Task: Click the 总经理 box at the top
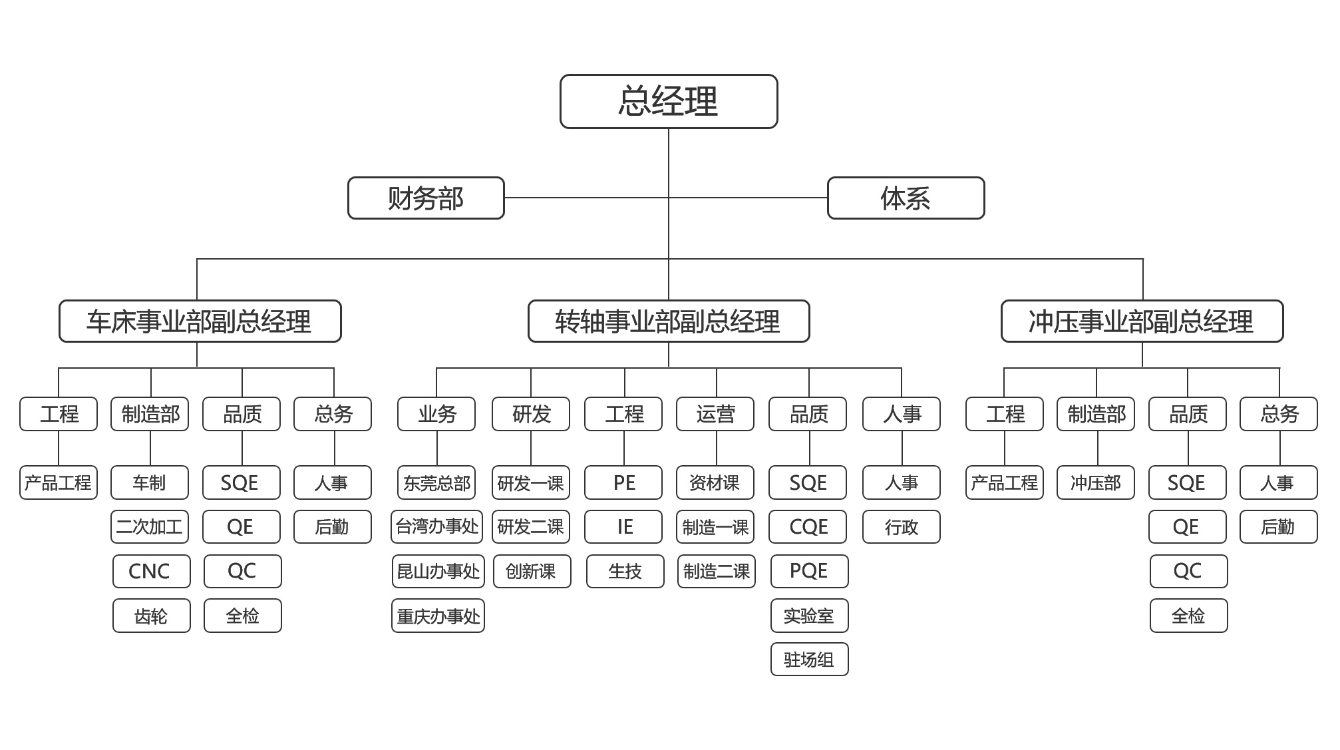(x=668, y=101)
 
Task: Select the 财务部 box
(x=426, y=198)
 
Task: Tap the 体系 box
(x=905, y=198)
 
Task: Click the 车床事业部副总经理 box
(x=200, y=321)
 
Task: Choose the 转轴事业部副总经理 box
(x=668, y=321)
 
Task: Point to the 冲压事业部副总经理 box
(x=1142, y=321)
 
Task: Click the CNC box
(x=150, y=571)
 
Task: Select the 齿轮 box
(x=150, y=616)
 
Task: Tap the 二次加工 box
(x=149, y=526)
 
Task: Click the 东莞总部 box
(x=436, y=482)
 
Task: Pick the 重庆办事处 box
(x=438, y=616)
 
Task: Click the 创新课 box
(x=531, y=571)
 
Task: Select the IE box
(x=623, y=526)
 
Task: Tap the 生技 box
(x=625, y=571)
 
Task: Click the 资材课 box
(x=715, y=482)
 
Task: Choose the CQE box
(x=808, y=526)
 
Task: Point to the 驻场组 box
(x=809, y=659)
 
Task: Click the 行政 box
(x=901, y=526)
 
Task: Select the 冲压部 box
(x=1095, y=482)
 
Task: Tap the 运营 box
(x=715, y=414)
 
